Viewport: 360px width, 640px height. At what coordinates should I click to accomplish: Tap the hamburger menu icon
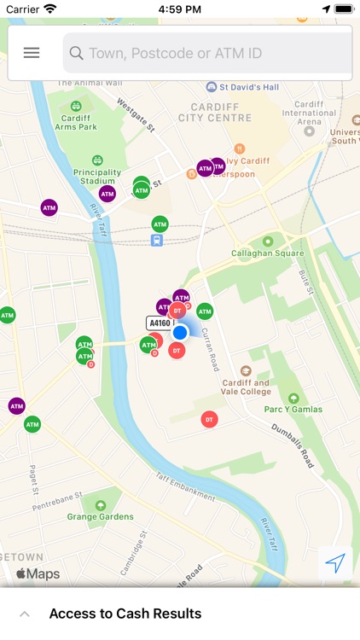pyautogui.click(x=32, y=53)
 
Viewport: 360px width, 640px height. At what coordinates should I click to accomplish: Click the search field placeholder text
pyautogui.click(x=175, y=53)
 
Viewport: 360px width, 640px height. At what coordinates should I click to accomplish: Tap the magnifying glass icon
pyautogui.click(x=76, y=53)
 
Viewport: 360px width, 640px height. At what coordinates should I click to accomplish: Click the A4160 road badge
pyautogui.click(x=160, y=323)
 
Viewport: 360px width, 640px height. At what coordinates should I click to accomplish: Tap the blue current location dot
pyautogui.click(x=180, y=332)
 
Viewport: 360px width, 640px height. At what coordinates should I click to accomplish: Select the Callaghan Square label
pyautogui.click(x=268, y=253)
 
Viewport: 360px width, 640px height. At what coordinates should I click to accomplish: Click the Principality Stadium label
pyautogui.click(x=97, y=177)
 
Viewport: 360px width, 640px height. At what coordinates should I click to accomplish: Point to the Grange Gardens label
pyautogui.click(x=101, y=516)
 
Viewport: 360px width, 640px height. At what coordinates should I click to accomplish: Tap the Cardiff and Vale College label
pyautogui.click(x=246, y=387)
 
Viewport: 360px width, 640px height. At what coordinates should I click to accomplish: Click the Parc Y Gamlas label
pyautogui.click(x=293, y=409)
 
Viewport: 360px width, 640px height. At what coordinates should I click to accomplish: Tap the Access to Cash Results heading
pyautogui.click(x=125, y=614)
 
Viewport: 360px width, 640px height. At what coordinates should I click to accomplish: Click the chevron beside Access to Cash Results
pyautogui.click(x=25, y=614)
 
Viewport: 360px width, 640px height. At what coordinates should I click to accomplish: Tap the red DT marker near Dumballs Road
pyautogui.click(x=209, y=419)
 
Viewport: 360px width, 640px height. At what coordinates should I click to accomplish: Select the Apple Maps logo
pyautogui.click(x=38, y=574)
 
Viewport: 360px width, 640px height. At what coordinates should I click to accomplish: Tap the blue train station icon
pyautogui.click(x=157, y=240)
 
